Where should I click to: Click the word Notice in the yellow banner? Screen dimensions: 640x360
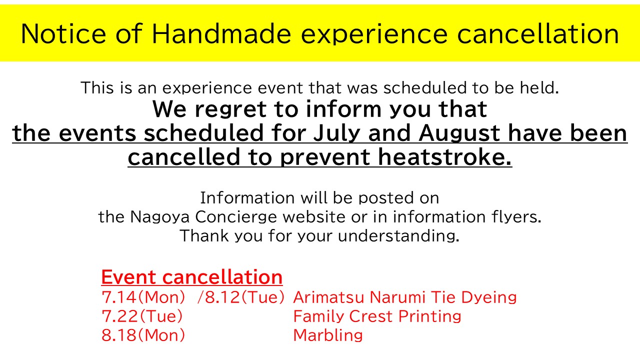click(x=63, y=33)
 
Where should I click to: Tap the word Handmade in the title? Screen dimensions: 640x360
click(x=221, y=33)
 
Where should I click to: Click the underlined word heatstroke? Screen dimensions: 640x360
click(x=445, y=157)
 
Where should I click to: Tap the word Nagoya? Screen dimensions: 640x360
click(x=159, y=217)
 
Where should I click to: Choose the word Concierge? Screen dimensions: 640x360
click(x=236, y=217)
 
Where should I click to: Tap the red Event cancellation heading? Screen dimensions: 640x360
click(x=191, y=277)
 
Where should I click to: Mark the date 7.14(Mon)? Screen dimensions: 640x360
click(x=143, y=297)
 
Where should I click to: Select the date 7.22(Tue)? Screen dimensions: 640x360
click(x=142, y=316)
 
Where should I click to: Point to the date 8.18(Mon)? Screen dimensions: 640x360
click(x=143, y=335)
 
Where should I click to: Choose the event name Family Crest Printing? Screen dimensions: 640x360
click(x=377, y=316)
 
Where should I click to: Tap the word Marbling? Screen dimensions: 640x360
click(x=328, y=335)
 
